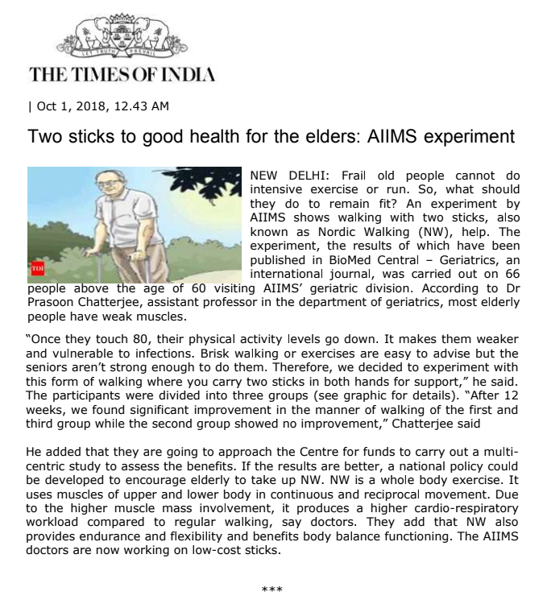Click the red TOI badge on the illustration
[36, 268]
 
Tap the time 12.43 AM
[137, 106]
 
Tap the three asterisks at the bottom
[271, 591]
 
